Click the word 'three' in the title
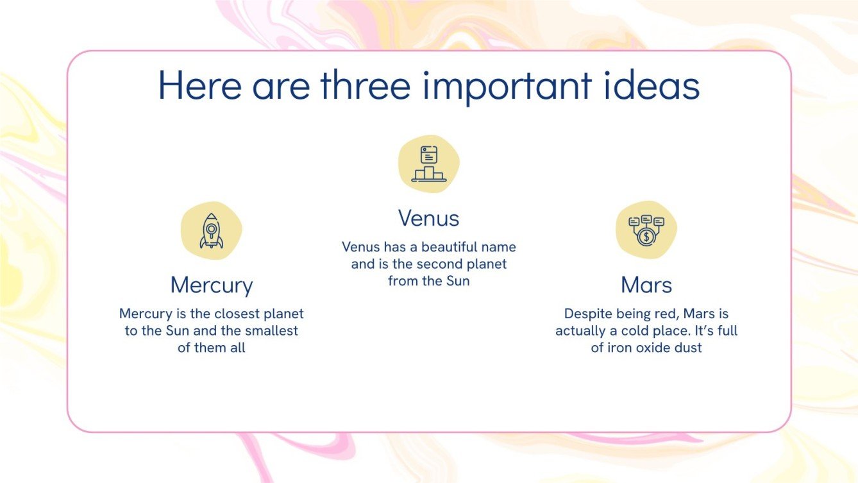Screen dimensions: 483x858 (365, 87)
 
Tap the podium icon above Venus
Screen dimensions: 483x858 (428, 164)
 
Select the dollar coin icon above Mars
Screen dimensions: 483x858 (646, 230)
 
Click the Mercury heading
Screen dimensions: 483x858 (212, 285)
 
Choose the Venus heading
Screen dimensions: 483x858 (428, 218)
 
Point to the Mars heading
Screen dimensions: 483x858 (646, 285)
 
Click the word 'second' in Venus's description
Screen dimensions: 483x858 (439, 264)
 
